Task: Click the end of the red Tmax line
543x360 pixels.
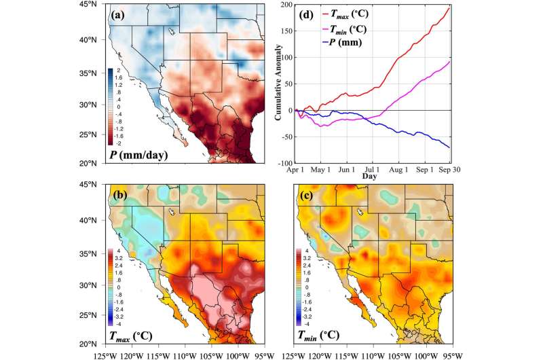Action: tap(468, 7)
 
